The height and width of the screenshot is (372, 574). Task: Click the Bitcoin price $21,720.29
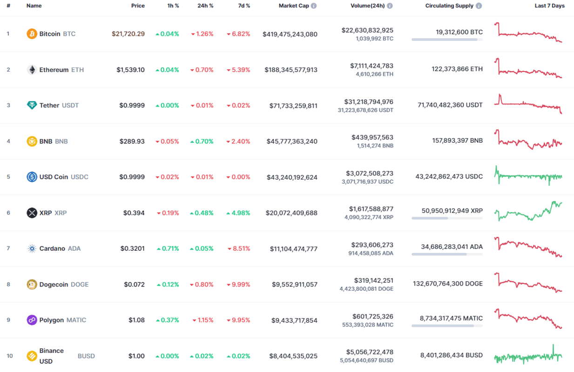[128, 34]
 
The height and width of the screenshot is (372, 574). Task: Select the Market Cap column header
[294, 6]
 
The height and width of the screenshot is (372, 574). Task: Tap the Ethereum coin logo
[32, 70]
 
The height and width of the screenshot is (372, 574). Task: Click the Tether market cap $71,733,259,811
[293, 106]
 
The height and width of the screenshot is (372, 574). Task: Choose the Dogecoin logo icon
[32, 285]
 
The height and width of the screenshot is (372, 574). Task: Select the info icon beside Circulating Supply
[479, 6]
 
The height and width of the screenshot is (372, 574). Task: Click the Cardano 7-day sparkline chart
[528, 247]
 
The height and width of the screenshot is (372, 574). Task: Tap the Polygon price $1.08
[137, 320]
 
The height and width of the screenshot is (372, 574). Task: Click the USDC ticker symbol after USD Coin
[80, 177]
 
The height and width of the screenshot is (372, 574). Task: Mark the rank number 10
[10, 356]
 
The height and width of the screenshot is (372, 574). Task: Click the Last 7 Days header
[549, 6]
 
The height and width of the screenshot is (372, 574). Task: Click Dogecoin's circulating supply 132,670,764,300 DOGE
[448, 284]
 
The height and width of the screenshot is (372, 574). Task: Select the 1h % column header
[173, 6]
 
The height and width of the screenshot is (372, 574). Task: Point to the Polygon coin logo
[32, 320]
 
